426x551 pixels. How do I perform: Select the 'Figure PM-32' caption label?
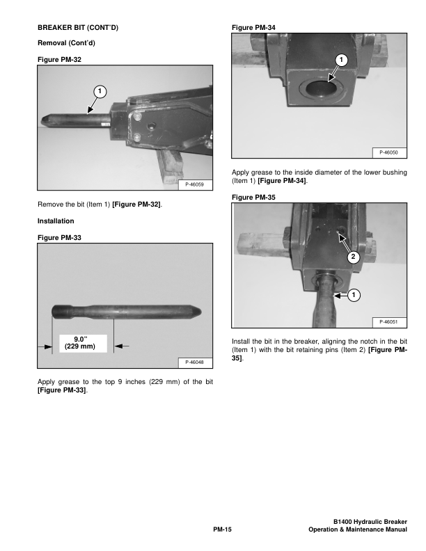(x=59, y=61)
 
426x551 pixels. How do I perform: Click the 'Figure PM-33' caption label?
(x=59, y=238)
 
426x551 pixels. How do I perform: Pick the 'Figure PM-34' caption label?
(x=253, y=28)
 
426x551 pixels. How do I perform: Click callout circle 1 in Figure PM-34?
(x=342, y=61)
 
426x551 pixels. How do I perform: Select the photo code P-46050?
(x=388, y=152)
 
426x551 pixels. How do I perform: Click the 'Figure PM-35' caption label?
(x=253, y=198)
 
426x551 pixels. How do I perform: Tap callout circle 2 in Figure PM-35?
(x=353, y=257)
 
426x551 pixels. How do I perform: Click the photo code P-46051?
(x=388, y=321)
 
